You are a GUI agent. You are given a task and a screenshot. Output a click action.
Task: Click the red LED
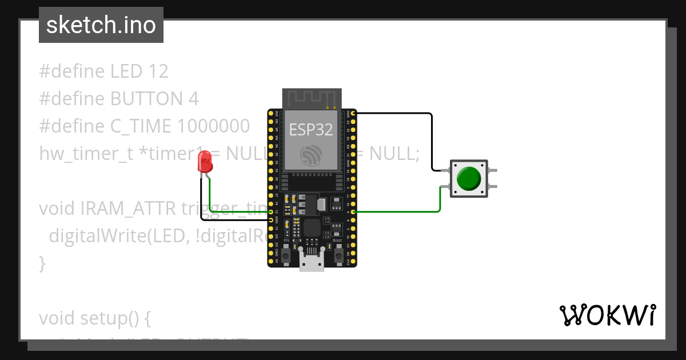click(205, 163)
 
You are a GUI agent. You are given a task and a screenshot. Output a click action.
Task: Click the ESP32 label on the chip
click(310, 130)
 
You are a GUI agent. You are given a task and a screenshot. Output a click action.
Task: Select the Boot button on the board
click(337, 252)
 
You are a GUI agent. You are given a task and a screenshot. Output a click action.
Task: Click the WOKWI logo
click(607, 315)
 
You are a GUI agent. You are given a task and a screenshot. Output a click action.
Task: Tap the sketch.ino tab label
click(101, 25)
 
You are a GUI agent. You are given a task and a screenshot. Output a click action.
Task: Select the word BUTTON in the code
click(146, 99)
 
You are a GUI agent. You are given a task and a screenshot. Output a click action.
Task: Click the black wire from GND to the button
click(431, 137)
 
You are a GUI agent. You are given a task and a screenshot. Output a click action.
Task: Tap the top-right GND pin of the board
click(354, 114)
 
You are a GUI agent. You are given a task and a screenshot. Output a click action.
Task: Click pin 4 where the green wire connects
click(354, 212)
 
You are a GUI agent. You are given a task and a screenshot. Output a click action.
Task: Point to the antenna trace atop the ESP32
click(312, 98)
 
